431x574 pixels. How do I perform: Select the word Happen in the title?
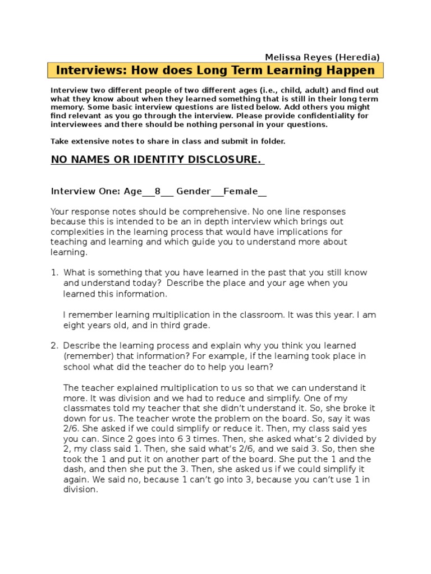351,71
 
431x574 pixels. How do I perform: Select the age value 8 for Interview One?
158,192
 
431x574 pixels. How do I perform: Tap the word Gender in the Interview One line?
193,192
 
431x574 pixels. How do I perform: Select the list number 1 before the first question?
54,272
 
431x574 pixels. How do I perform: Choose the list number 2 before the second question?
54,345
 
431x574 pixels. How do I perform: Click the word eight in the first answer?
74,325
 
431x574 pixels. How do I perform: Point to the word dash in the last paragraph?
75,469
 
